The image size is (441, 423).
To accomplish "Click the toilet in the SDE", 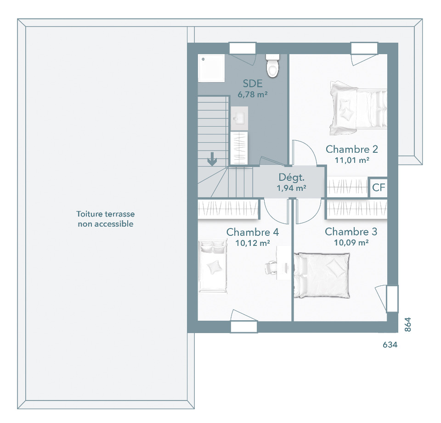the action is click(x=273, y=66).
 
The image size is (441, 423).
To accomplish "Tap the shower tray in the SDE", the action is click(x=211, y=68).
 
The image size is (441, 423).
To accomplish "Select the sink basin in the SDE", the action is click(x=239, y=118).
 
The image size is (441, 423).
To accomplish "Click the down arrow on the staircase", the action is click(x=212, y=159).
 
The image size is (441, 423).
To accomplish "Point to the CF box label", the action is click(x=378, y=187).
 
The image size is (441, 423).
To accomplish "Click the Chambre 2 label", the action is click(x=351, y=149).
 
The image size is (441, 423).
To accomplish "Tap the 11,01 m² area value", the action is click(x=352, y=160).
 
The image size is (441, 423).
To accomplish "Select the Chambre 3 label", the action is click(x=351, y=232).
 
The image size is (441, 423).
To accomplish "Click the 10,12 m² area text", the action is click(x=253, y=243).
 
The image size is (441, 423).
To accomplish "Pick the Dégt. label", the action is click(x=291, y=178).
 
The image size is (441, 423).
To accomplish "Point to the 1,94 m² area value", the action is click(x=291, y=188).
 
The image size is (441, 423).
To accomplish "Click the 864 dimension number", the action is click(x=408, y=324).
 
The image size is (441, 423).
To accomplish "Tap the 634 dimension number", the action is click(x=390, y=345).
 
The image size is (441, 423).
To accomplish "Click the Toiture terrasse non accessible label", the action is click(x=106, y=219).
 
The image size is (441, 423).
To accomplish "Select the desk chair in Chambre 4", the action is click(x=271, y=267).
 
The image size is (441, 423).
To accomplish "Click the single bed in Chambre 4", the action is click(x=213, y=266).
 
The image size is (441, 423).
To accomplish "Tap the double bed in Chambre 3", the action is click(x=322, y=275).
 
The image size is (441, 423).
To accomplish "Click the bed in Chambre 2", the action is click(x=358, y=108).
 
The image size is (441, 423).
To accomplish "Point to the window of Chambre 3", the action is click(x=392, y=299).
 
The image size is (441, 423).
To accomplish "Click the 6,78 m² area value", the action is click(x=253, y=95).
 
